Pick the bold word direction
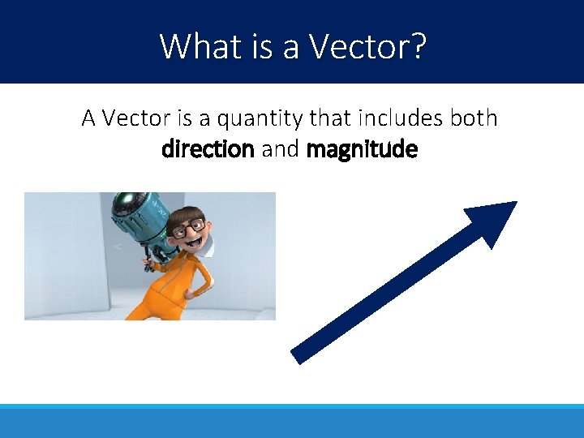[208, 149]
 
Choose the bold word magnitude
[362, 149]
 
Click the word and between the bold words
[280, 149]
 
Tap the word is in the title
[262, 46]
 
